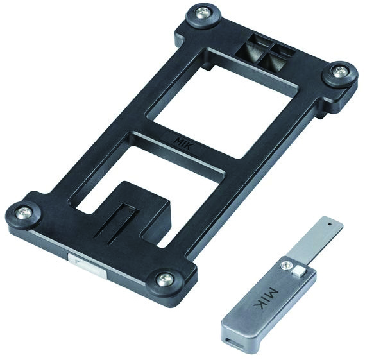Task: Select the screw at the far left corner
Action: click(24, 213)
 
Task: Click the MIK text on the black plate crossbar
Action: click(184, 143)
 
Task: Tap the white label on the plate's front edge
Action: click(87, 265)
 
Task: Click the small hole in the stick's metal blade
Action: click(330, 225)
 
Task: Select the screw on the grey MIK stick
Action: click(286, 266)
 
